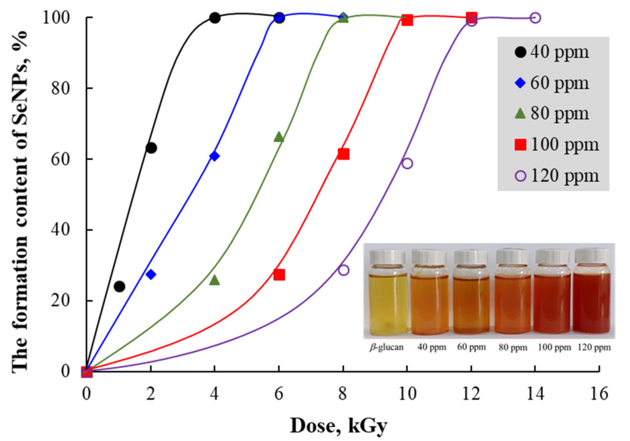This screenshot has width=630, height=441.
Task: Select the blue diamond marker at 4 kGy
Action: tap(214, 156)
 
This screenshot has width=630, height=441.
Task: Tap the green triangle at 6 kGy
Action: tap(279, 137)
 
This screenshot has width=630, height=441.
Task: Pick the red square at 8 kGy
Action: tap(343, 154)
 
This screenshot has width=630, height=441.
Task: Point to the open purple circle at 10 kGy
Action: tap(407, 163)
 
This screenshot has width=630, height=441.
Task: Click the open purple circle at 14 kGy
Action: tap(535, 18)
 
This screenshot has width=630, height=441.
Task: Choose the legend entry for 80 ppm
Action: tap(551, 113)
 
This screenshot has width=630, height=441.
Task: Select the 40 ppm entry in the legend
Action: tap(551, 52)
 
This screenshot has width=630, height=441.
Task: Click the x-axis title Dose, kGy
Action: tap(339, 426)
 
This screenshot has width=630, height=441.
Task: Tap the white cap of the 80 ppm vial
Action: tap(512, 257)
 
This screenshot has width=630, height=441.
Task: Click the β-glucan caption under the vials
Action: tap(387, 347)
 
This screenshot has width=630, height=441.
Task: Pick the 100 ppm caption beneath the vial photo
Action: tap(554, 347)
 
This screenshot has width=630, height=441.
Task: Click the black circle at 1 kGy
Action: tap(119, 287)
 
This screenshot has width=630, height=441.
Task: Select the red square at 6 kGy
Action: tap(279, 275)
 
